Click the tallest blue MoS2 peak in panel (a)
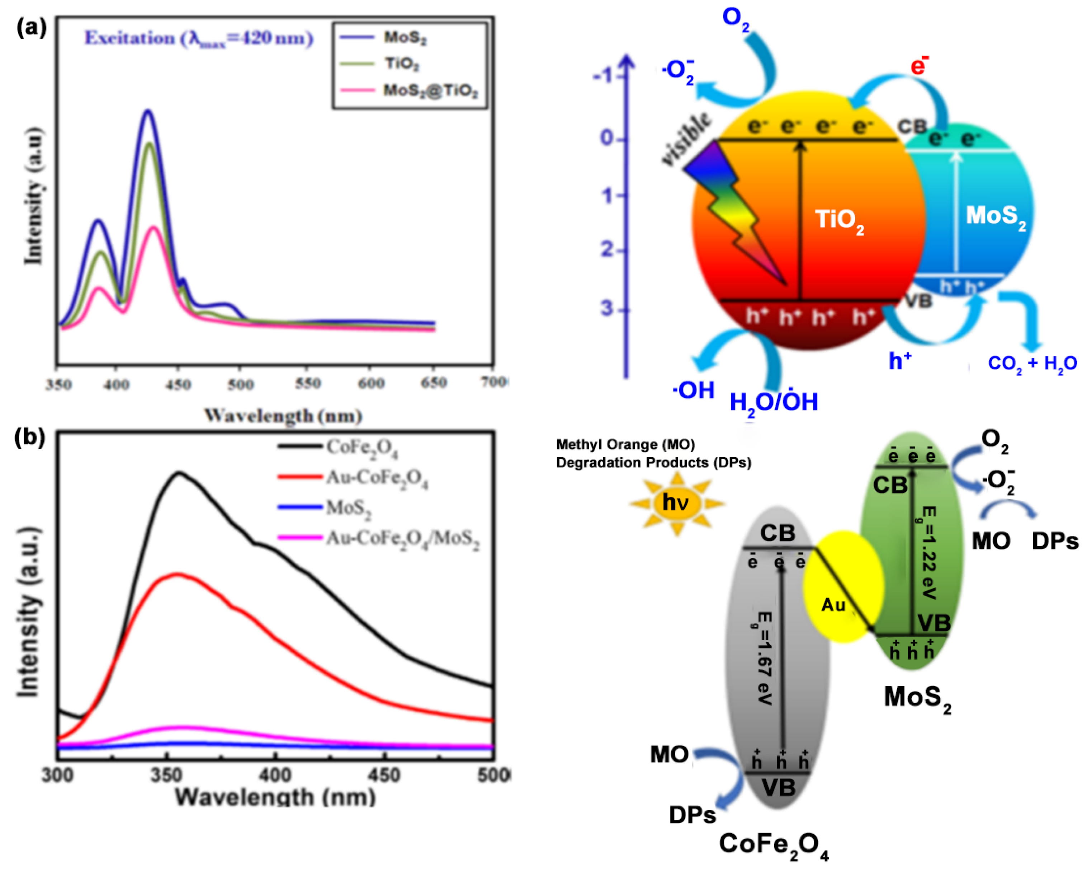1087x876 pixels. pos(148,111)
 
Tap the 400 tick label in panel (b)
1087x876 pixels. pos(276,774)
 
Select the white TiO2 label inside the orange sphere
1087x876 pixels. pos(840,220)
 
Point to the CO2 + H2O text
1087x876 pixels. pos(1032,363)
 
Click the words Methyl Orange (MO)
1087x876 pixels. pos(625,445)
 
